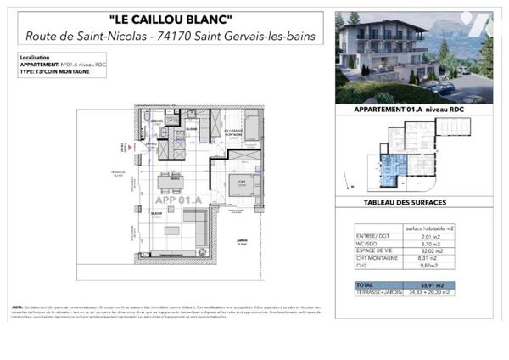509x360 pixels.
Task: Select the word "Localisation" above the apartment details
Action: click(x=32, y=58)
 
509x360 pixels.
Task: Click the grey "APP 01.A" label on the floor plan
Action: click(x=177, y=200)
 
